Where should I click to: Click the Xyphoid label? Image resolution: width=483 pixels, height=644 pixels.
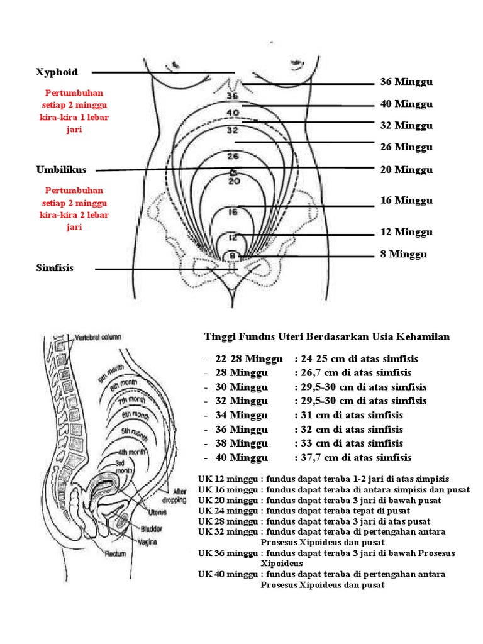(x=57, y=72)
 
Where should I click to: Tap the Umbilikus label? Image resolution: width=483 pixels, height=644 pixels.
(x=61, y=170)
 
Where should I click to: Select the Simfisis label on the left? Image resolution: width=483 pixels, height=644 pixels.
(x=55, y=268)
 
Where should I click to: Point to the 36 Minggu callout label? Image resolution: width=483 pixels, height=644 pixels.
(x=406, y=82)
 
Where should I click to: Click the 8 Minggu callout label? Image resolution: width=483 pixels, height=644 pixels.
(x=403, y=254)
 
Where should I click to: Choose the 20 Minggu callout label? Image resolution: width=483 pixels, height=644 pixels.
(x=406, y=169)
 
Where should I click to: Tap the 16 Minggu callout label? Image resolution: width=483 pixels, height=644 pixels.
(x=406, y=201)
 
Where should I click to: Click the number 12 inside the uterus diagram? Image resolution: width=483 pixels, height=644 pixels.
(x=233, y=238)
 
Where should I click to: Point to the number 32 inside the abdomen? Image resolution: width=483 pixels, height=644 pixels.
(x=232, y=131)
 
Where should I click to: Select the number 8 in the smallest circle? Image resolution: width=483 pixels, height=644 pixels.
(x=232, y=255)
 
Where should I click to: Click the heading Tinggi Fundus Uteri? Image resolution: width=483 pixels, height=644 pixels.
(x=327, y=336)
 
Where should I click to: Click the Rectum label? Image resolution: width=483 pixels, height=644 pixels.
(x=115, y=553)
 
